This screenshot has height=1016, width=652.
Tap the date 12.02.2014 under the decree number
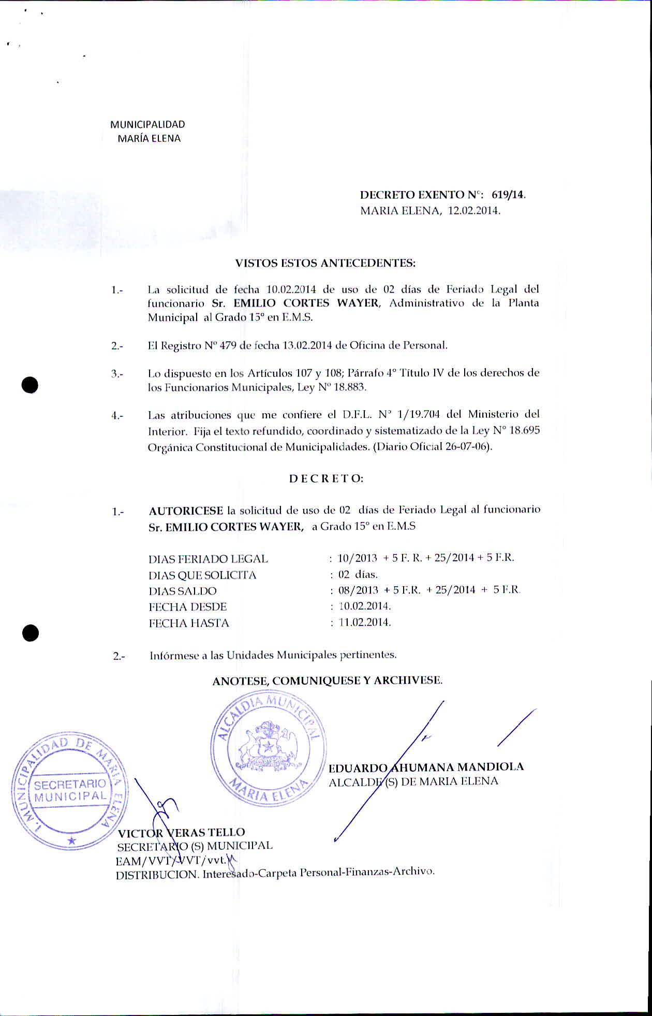coord(473,211)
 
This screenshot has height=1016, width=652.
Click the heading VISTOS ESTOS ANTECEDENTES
coord(325,263)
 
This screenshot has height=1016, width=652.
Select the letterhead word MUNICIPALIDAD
coord(147,124)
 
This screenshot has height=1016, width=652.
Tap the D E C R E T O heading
coord(326,478)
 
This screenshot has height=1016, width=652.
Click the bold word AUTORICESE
coord(186,511)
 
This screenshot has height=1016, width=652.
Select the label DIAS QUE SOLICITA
coord(202,575)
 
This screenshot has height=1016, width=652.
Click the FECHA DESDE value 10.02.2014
coord(364,606)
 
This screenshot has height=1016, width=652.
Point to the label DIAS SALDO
coord(183,591)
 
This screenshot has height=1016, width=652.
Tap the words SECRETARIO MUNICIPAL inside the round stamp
coord(70,790)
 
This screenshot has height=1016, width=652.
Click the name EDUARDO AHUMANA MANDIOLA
coord(426,767)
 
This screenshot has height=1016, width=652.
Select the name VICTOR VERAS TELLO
coord(181,833)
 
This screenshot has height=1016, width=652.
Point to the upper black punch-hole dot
coord(31,385)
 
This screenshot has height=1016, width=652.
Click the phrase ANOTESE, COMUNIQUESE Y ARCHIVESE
coord(327,680)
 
